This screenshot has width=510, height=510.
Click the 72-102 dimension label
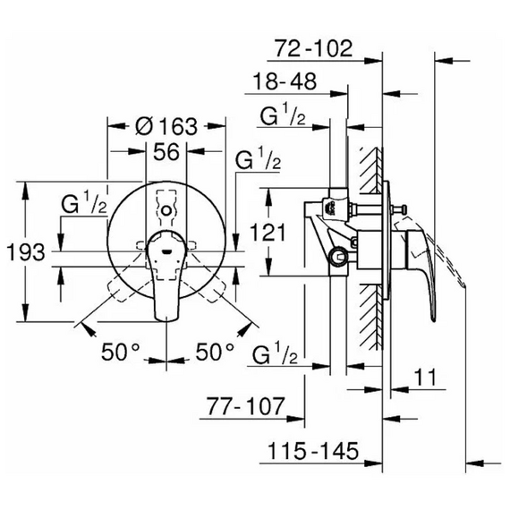point(313,49)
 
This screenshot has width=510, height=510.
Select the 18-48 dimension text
point(285,81)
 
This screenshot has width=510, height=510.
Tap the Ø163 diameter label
point(166,126)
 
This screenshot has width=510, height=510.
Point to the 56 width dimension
point(166,151)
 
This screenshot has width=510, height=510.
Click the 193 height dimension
point(26,252)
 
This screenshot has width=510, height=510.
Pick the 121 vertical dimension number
point(268,233)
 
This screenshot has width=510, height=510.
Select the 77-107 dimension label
point(245,406)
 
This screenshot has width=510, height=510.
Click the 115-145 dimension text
point(313,451)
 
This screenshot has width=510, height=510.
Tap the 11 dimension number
point(425,378)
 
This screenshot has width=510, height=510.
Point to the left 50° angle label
point(121,352)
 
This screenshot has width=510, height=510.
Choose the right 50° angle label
point(215,352)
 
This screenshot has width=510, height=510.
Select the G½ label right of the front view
point(258,157)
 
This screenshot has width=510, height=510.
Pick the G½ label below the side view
point(275,353)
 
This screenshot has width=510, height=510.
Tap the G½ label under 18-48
point(283,115)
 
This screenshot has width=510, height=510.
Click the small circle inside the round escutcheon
point(166,211)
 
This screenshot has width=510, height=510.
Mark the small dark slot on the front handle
point(166,251)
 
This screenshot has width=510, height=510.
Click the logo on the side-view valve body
point(332,207)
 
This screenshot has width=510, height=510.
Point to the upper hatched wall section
point(370,170)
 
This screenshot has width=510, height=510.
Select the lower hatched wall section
point(370,317)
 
